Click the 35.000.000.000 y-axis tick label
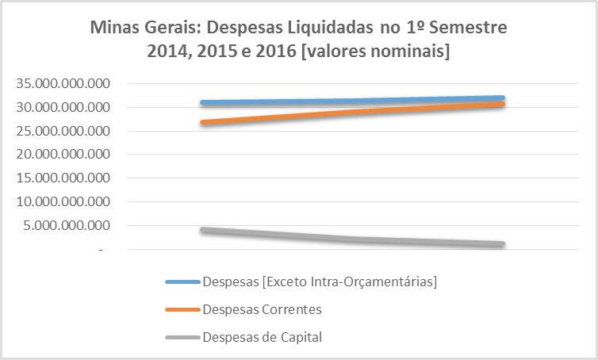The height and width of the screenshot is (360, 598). (x=63, y=83)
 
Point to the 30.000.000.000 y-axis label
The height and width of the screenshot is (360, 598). (x=63, y=107)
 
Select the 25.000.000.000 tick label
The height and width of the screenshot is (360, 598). (x=63, y=131)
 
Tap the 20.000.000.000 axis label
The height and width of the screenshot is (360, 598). (x=63, y=154)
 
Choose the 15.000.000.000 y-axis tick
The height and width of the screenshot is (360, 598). (x=63, y=178)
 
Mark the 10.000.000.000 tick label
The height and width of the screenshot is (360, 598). (x=63, y=201)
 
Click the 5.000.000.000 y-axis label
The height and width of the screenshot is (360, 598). (x=67, y=225)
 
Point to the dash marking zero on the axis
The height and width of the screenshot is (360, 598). (x=101, y=250)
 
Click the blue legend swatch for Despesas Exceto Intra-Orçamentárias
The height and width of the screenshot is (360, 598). (x=182, y=281)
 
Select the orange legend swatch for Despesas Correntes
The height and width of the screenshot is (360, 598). (x=182, y=310)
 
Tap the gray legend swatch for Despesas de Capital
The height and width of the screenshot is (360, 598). (x=182, y=337)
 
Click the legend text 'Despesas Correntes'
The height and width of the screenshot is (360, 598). (x=263, y=309)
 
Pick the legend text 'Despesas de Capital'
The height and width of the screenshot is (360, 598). (x=263, y=337)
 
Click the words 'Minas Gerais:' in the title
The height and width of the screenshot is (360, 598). (x=146, y=28)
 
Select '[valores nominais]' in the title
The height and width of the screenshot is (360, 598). (x=375, y=51)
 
